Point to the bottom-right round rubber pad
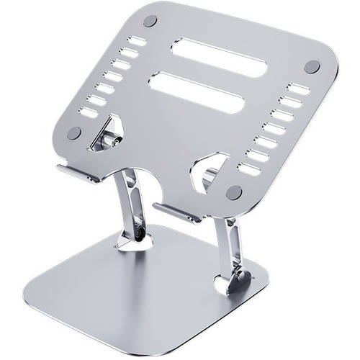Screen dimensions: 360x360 233,192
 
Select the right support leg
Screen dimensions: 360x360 229,241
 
